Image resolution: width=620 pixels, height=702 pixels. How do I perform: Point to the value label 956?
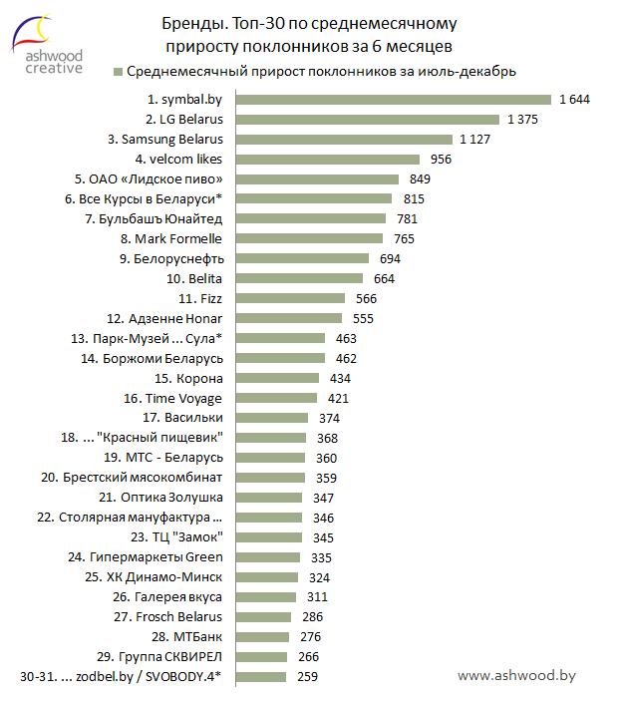click(x=441, y=159)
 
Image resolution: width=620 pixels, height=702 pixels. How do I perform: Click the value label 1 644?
click(x=576, y=99)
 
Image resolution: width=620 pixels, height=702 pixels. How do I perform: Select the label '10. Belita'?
click(x=194, y=278)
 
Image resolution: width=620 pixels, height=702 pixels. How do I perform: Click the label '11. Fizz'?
click(x=200, y=298)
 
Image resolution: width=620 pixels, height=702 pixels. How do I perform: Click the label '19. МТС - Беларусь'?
click(x=162, y=458)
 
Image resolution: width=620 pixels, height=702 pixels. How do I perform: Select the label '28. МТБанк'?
click(x=186, y=637)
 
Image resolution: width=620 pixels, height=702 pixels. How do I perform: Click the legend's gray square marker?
click(x=118, y=71)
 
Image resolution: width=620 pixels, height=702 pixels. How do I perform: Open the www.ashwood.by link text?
click(x=516, y=675)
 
